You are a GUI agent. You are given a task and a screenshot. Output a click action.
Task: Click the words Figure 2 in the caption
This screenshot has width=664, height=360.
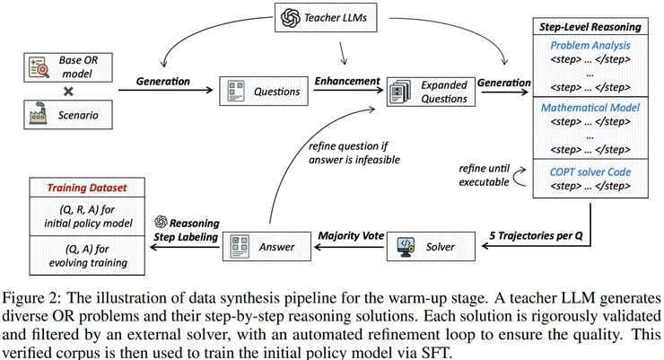(x=34, y=296)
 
